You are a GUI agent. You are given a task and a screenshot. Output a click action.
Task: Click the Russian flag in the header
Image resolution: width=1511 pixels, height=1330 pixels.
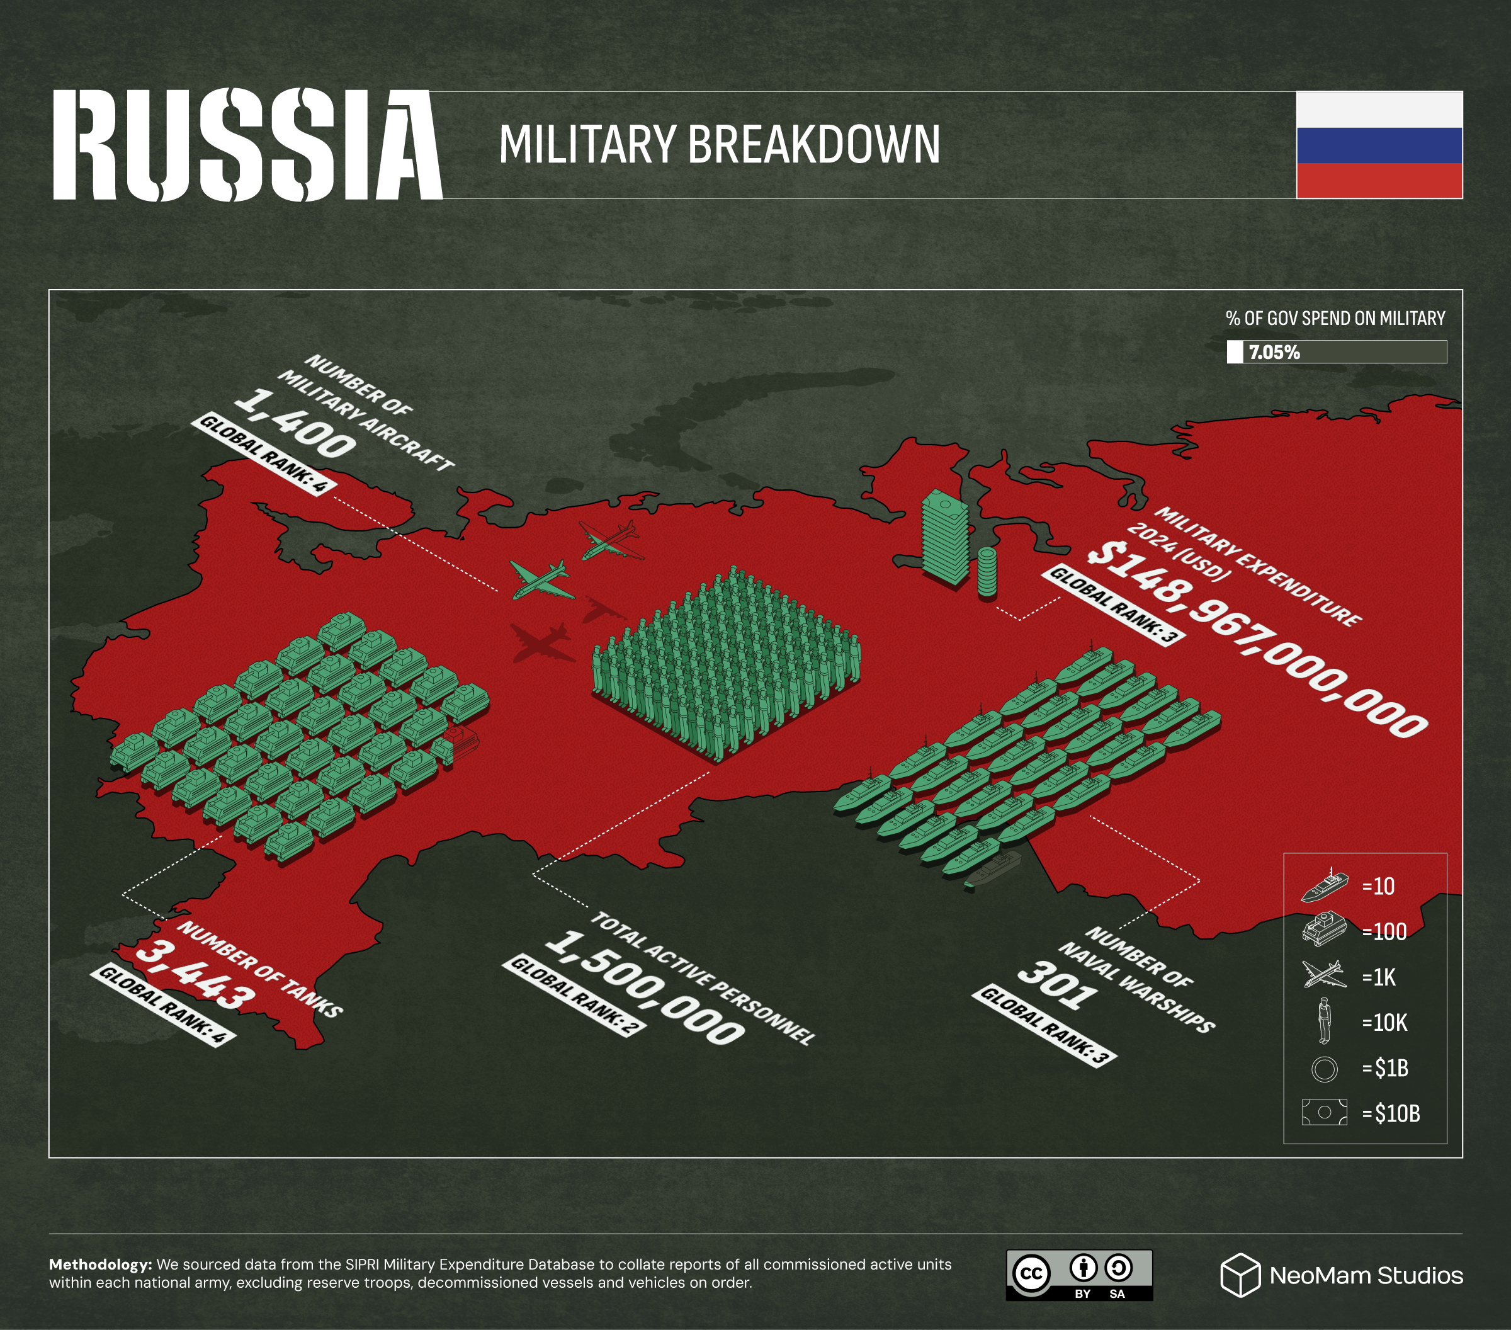(1379, 145)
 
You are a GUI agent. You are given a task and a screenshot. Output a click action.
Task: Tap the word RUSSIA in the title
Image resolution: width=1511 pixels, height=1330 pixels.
(247, 145)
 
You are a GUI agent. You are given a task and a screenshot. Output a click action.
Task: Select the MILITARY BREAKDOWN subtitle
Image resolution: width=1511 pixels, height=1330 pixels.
(718, 145)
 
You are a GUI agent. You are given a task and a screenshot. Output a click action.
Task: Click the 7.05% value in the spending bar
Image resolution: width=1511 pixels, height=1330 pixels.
(1274, 353)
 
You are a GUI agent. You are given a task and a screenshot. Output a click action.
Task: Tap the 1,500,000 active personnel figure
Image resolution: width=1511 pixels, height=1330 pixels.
(645, 987)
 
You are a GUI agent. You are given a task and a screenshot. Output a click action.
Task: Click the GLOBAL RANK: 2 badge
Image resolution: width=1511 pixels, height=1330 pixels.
(574, 995)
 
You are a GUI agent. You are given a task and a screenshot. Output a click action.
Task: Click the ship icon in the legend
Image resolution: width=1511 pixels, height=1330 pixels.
(1324, 885)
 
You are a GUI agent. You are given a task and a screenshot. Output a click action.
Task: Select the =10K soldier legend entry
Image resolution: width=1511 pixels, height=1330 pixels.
(1384, 1023)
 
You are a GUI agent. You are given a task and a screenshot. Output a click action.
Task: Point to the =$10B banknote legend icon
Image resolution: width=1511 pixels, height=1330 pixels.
(1324, 1112)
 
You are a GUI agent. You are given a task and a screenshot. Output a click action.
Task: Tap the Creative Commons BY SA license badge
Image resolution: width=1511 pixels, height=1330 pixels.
(1078, 1275)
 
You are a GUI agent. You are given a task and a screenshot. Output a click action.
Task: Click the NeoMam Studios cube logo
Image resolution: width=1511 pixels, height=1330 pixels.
(1240, 1275)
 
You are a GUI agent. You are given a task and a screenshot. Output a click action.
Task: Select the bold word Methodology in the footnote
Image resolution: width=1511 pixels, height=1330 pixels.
(100, 1265)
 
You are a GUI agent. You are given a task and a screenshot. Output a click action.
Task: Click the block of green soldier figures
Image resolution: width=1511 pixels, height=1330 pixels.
(726, 662)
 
